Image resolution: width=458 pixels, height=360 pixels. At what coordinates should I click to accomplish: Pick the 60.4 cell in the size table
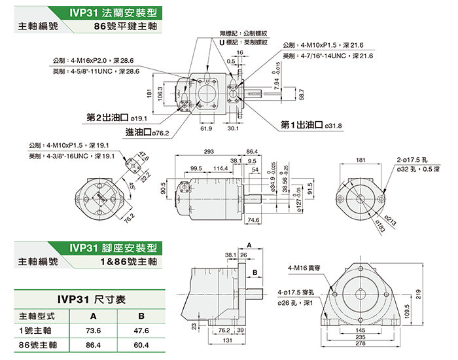point(141,345)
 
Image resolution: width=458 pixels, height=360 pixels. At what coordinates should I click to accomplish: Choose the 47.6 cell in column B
point(141,330)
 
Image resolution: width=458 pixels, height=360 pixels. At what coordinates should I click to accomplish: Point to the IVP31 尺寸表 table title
point(91,298)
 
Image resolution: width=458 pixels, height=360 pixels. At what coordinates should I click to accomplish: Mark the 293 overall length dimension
point(209,152)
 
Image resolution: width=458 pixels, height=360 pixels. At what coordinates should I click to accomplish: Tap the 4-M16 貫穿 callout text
point(305,268)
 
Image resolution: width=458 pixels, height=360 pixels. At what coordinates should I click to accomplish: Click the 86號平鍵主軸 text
point(127,27)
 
